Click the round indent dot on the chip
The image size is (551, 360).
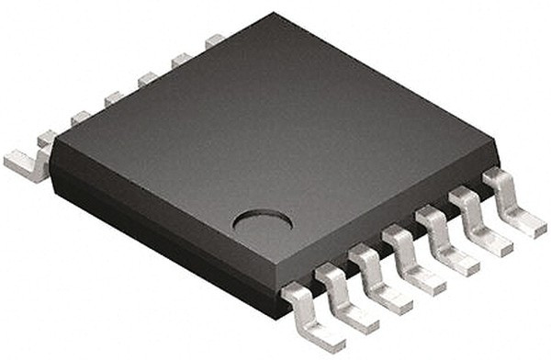[262, 220]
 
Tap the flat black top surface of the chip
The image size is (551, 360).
[275, 129]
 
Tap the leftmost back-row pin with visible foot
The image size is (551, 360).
[28, 163]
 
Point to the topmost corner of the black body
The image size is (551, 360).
[273, 15]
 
